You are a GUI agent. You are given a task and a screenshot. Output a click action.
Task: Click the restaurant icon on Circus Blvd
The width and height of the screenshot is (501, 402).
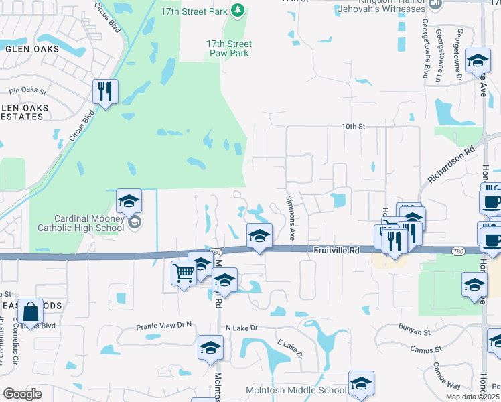pos(106,91)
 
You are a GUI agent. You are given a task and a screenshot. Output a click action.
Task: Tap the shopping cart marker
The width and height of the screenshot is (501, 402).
pos(184,273)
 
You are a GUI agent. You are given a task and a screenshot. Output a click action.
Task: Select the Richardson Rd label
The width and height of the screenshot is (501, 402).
pos(450,167)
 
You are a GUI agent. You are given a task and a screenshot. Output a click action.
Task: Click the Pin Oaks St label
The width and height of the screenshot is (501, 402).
pos(27,91)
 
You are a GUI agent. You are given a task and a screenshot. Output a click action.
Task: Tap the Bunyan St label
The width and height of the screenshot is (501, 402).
pos(413,332)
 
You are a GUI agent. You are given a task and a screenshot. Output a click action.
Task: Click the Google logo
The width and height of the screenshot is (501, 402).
pos(22,393)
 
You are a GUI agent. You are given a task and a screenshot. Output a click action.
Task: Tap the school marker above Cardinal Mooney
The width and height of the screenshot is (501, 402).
pos(129,200)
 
